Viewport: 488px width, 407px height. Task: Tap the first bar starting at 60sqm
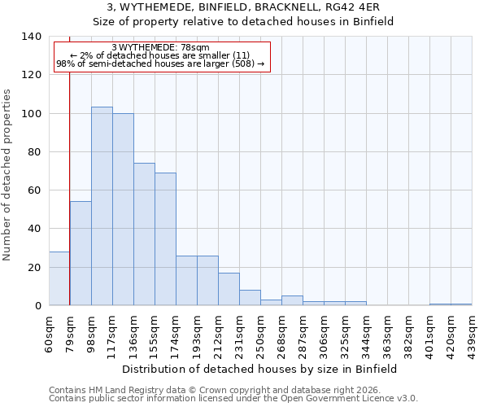coord(59,278)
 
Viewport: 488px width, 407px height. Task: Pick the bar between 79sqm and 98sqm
coord(81,253)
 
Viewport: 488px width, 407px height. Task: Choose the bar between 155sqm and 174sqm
coord(165,239)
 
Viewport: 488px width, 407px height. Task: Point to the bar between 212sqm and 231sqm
coord(229,289)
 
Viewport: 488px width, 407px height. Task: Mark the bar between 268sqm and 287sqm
coord(292,300)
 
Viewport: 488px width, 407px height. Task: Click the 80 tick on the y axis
coord(33,152)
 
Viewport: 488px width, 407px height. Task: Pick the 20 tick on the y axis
coord(33,268)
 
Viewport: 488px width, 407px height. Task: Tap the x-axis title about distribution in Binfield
coord(260,369)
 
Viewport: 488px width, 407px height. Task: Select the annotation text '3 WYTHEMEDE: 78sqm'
coord(161,47)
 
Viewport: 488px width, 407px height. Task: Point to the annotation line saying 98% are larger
coord(161,63)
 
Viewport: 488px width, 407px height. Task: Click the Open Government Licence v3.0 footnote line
coord(233,399)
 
